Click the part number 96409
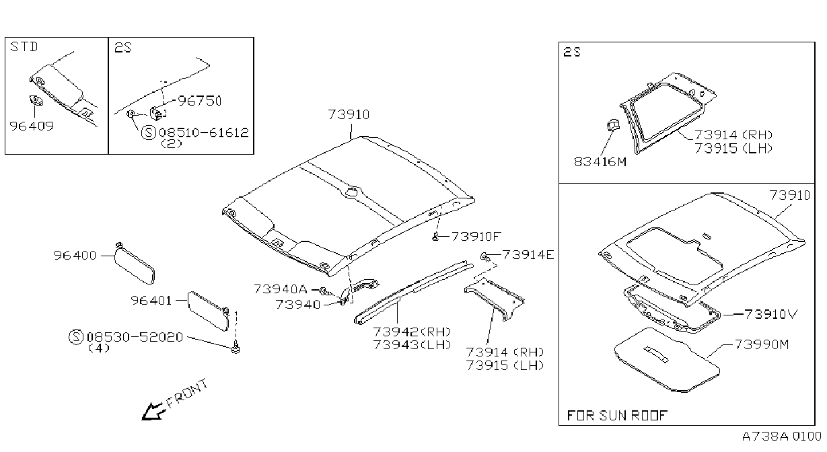pos(32,126)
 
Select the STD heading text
pos(24,47)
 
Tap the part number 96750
pos(200,101)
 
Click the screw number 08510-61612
pos(204,132)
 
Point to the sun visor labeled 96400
pos(135,264)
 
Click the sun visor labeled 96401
pos(209,311)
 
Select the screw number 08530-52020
pos(135,337)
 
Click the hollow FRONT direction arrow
pos(153,412)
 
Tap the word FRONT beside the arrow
pos(188,393)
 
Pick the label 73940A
pos(280,289)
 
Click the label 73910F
pos(476,236)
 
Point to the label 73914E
pos(528,255)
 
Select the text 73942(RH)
pos(412,332)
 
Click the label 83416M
pos(600,162)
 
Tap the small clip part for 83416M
pos(612,125)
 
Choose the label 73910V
pos(771,314)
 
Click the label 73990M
pos(762,344)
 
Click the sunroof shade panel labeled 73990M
pos(667,359)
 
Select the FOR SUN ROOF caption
pos(617,416)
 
